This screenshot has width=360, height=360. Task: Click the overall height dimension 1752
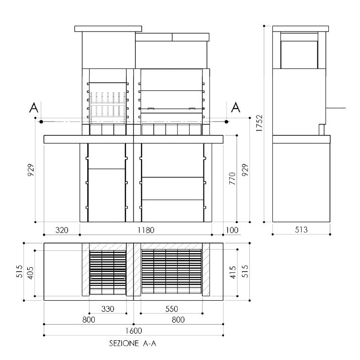click(259, 123)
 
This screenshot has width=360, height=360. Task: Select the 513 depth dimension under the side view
click(301, 230)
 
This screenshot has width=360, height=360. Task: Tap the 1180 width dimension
click(146, 230)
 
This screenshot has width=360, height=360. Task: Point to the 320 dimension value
click(61, 230)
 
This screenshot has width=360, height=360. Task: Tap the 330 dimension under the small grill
click(108, 309)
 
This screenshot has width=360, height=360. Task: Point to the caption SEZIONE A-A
click(133, 344)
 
